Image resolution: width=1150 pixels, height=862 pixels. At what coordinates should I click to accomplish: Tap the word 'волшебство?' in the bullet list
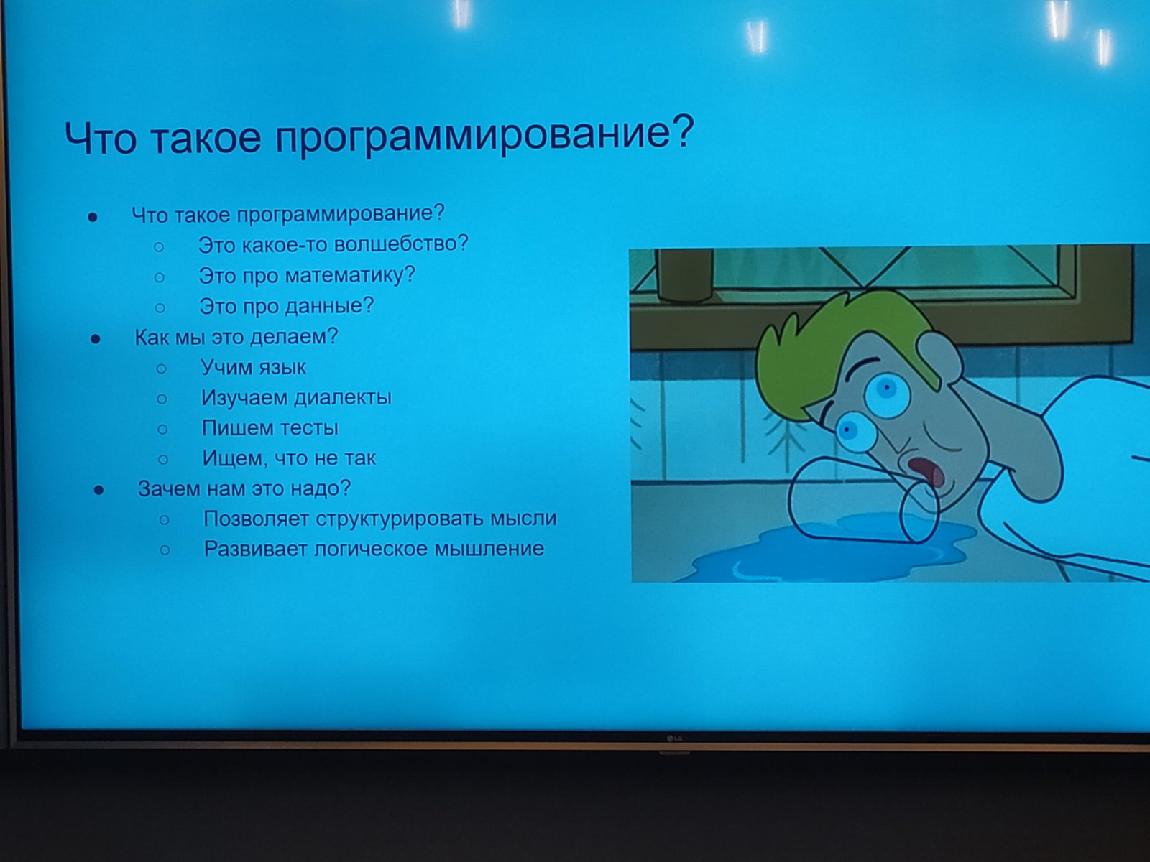point(401,244)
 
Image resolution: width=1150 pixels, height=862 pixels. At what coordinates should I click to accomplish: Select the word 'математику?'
point(350,276)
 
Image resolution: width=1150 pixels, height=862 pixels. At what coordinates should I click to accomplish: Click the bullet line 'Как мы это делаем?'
point(236,336)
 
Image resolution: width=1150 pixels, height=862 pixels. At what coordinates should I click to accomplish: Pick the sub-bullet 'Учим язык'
point(254,367)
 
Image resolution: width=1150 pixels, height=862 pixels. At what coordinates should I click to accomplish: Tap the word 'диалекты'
point(343,398)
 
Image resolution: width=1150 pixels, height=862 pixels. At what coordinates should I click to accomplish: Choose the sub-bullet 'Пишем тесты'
point(270,428)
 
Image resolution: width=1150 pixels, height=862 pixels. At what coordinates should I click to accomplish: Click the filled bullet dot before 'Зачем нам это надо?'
point(98,491)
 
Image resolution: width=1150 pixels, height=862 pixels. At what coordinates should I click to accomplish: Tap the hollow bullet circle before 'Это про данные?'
point(160,307)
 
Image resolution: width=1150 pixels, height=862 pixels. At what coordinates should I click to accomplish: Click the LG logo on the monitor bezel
point(674,739)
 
